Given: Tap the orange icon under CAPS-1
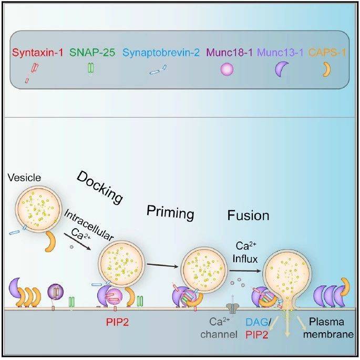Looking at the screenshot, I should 327,69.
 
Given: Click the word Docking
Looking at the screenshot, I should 99,187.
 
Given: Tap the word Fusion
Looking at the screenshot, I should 248,215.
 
